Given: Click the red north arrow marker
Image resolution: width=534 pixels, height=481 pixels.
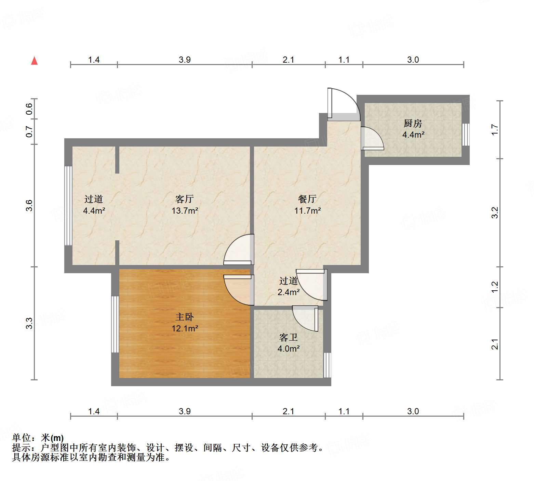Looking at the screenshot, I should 34,61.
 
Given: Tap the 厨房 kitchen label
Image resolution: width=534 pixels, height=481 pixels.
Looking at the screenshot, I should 413,123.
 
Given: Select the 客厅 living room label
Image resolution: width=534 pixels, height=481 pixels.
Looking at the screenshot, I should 185,199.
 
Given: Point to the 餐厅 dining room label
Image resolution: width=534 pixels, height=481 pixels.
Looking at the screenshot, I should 307,199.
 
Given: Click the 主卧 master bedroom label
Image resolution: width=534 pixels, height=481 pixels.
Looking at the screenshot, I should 185,317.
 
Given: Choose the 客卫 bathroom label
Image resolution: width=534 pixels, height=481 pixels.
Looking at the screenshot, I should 289,338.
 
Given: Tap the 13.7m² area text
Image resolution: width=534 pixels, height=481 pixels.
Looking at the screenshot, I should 185,211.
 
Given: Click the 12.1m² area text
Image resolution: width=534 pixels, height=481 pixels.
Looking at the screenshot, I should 185,329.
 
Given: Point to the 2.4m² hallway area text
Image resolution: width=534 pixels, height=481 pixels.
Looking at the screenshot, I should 289,292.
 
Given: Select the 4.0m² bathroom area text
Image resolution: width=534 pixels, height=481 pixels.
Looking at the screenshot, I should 289,349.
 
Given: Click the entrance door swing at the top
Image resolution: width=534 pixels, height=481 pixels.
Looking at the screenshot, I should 343,103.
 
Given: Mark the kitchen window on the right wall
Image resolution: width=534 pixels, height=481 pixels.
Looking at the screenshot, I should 466,135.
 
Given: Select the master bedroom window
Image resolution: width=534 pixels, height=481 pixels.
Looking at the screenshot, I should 115,324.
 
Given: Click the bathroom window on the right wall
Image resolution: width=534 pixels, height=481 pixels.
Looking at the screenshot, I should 327,365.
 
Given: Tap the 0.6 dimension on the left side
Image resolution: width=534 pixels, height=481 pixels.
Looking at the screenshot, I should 29,109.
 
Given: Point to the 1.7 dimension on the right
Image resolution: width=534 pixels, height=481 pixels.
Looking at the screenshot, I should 495,130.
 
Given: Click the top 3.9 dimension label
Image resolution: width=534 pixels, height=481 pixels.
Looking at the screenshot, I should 185,60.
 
